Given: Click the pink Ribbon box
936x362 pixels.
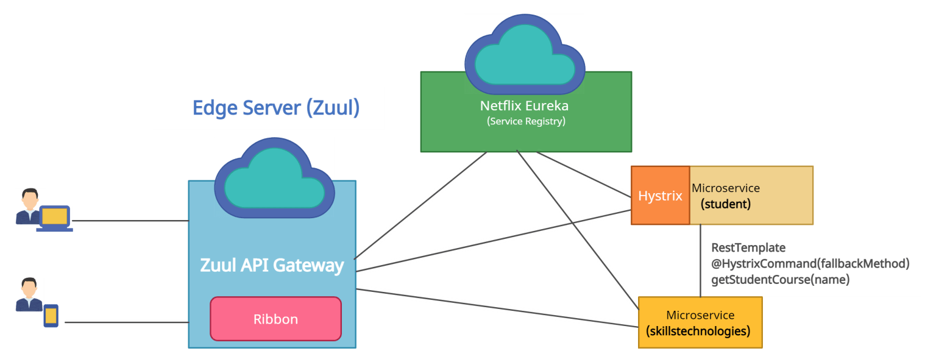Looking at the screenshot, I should (x=275, y=319).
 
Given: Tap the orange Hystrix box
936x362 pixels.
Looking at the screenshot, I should (x=660, y=196).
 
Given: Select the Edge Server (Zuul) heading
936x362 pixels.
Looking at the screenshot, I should (x=275, y=108).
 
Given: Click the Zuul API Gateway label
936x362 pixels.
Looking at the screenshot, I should (x=272, y=266).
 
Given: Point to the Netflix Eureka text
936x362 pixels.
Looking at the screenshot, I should (x=524, y=106).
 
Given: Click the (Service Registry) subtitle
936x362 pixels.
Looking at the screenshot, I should (x=526, y=121).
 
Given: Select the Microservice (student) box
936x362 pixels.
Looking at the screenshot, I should (x=751, y=196).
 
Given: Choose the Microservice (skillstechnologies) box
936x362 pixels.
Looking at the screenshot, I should (x=700, y=322).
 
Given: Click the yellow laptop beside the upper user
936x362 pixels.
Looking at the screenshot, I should (x=55, y=217).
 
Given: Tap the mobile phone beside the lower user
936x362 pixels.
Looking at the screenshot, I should (x=51, y=316).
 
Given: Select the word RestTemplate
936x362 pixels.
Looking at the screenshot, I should (x=748, y=248).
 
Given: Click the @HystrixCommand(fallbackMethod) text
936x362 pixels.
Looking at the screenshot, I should (x=810, y=264).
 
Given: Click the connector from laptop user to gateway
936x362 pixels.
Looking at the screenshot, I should (x=130, y=221).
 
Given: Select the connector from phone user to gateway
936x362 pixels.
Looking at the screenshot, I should (x=126, y=322).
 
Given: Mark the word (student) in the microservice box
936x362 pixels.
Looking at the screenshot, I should (x=725, y=204).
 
